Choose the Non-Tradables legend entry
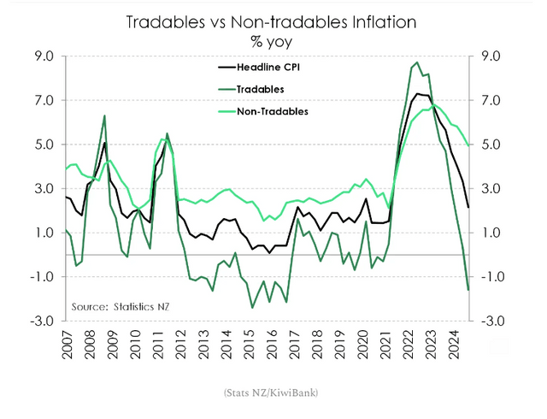(260, 110)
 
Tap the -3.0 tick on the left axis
(42, 321)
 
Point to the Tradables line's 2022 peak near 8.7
(416, 62)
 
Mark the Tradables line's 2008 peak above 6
(104, 115)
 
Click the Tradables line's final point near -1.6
(468, 290)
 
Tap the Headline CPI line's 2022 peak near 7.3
(417, 93)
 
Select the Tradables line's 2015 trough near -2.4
(252, 307)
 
